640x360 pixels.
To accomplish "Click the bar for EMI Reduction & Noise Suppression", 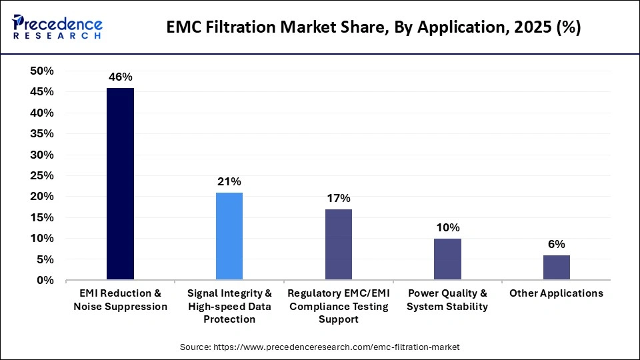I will pos(120,184).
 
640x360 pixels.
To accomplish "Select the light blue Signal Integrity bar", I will pos(229,236).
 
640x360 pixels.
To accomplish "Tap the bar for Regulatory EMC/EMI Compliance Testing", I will pos(339,245).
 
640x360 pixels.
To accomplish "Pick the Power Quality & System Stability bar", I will pos(447,259).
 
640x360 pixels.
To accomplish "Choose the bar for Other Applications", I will pos(556,267).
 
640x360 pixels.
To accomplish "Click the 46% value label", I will pos(120,77).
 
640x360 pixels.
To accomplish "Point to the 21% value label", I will pos(229,182).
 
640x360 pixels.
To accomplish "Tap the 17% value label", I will pos(339,199).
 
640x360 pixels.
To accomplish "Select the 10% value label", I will pos(447,228).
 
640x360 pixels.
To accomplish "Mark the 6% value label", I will pos(556,245).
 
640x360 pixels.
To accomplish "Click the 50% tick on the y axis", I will pos(43,71).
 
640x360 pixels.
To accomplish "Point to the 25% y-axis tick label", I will pos(43,176).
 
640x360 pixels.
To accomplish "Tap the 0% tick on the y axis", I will pos(45,281).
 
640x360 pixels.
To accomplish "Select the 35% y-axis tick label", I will pos(43,134).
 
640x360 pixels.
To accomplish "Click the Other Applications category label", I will pos(556,293).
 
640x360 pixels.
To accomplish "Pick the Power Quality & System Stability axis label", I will pos(447,300).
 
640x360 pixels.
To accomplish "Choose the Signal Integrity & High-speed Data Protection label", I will pos(229,306).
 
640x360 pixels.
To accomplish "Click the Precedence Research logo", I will pos(57,27).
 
